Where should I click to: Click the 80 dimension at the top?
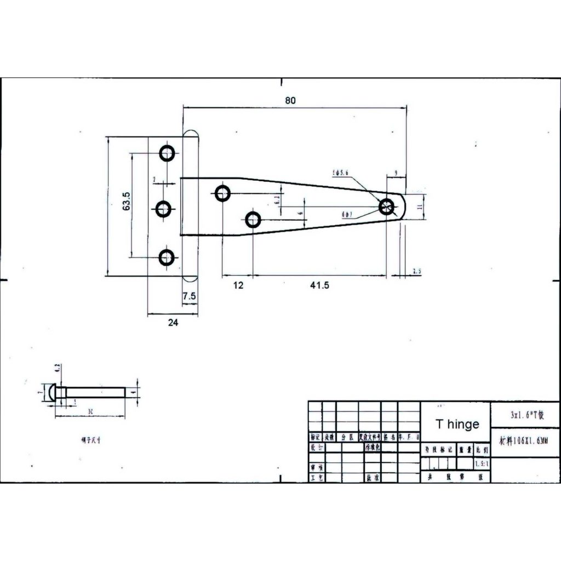coord(290,100)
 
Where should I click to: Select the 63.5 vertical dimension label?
coord(125,201)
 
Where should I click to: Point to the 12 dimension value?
coord(238,285)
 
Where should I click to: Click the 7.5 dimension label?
coord(190,296)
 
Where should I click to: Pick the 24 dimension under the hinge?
coord(173,323)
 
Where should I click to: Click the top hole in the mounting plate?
coord(167,153)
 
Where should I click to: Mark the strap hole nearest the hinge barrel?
coord(222,193)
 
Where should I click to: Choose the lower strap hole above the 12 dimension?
coord(253,220)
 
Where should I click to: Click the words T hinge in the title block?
coord(457,424)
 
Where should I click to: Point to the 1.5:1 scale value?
coord(483,464)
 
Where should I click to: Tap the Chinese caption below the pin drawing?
coord(90,439)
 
